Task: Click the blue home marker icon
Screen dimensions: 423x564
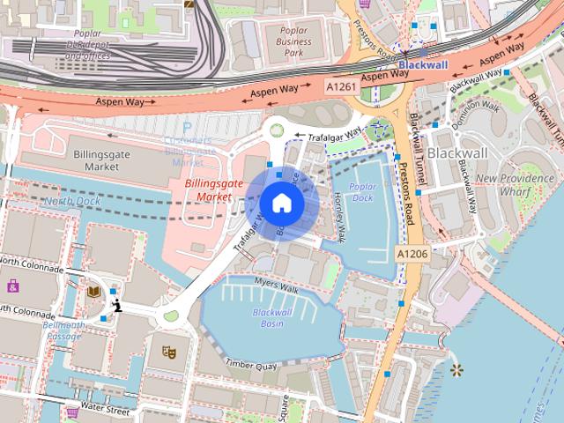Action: [281, 203]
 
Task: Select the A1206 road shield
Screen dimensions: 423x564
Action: [412, 254]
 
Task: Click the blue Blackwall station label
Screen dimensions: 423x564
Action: [423, 65]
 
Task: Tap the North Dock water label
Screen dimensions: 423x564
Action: [72, 201]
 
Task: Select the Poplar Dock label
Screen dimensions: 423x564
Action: [362, 192]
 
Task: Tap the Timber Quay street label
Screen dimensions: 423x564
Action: [251, 362]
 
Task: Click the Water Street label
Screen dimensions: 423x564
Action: [104, 409]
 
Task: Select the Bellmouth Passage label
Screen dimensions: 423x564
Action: [63, 330]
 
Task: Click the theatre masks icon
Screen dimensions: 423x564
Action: [168, 352]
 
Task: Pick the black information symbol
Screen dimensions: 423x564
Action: [116, 306]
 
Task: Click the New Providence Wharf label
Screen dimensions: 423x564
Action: [515, 183]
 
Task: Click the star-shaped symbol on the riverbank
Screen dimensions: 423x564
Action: [456, 369]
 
